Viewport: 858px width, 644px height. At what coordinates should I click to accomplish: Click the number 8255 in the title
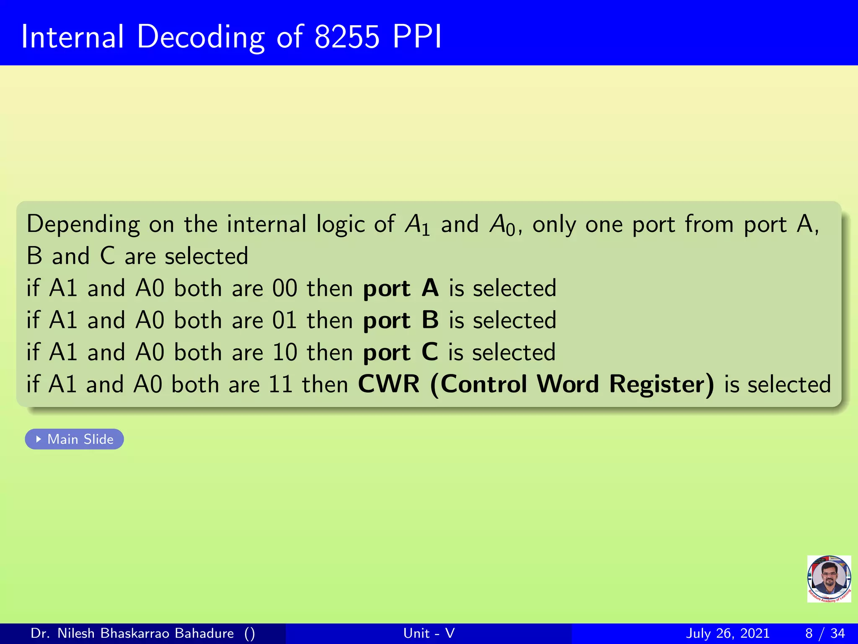point(347,37)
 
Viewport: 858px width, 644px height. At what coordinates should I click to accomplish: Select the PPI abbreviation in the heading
point(417,37)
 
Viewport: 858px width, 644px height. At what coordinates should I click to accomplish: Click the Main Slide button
point(74,439)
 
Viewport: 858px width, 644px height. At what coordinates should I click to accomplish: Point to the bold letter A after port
point(430,288)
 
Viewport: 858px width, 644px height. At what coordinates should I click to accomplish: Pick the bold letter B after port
point(430,320)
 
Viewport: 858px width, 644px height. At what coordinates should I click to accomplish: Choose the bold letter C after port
point(429,352)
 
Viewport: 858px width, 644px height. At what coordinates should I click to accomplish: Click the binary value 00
point(284,288)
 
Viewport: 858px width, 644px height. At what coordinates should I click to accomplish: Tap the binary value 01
point(284,320)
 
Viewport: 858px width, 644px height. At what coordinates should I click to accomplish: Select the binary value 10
point(284,352)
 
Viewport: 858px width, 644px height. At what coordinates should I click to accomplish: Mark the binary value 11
point(280,384)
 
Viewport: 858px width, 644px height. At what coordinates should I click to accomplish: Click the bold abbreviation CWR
point(388,384)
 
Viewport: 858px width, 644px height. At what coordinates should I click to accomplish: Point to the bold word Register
point(661,384)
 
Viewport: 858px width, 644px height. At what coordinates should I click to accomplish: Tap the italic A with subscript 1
point(417,225)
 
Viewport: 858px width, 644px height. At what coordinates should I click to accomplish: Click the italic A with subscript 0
point(501,225)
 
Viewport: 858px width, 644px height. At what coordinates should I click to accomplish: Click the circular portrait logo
point(829,579)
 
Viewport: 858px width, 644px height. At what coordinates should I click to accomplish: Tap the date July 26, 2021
point(728,633)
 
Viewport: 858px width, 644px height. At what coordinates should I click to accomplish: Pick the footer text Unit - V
point(429,633)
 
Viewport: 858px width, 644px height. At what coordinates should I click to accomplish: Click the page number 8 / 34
point(824,633)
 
